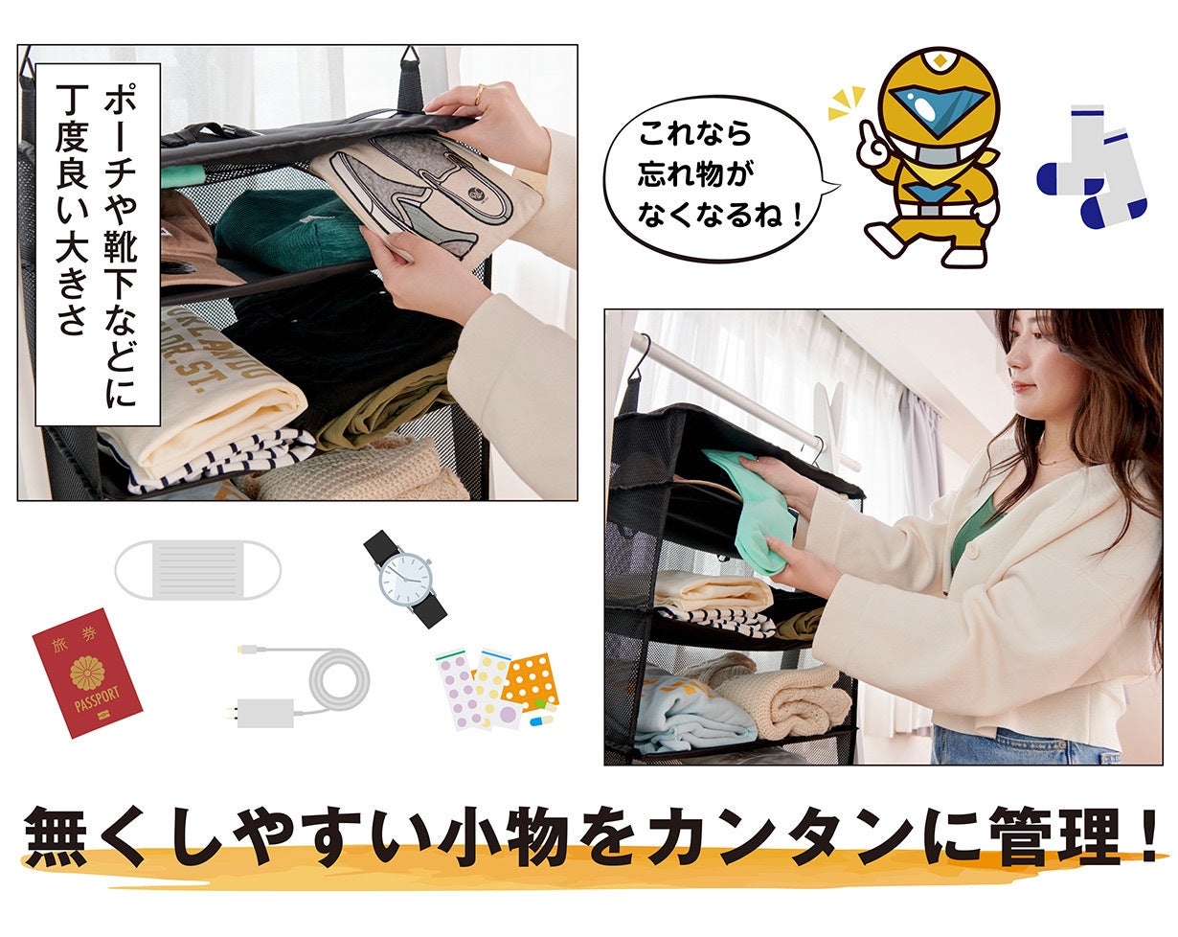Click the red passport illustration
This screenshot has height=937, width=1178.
click(x=87, y=673)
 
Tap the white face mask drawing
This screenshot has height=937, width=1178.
click(x=197, y=569)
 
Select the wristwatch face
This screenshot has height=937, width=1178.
click(x=406, y=580)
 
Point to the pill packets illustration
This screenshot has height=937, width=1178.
click(x=497, y=690)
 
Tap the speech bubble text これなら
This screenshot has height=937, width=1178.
click(x=694, y=133)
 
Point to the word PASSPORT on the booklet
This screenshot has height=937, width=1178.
click(x=97, y=699)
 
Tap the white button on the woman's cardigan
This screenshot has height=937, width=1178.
click(x=972, y=549)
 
